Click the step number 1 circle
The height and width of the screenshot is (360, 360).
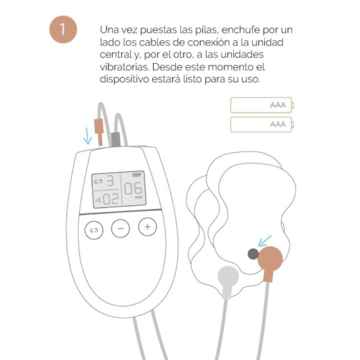click(62, 29)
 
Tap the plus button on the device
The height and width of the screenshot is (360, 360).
click(147, 227)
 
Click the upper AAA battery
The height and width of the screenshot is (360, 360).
click(261, 105)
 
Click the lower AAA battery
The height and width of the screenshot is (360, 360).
click(261, 124)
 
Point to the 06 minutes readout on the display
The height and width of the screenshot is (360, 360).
click(133, 190)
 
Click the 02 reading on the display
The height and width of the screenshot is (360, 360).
click(110, 199)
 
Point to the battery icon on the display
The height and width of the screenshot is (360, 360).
click(136, 175)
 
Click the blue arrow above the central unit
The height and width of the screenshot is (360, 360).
click(87, 135)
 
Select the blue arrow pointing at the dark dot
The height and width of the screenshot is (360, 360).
click(264, 240)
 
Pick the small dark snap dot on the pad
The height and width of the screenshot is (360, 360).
click(253, 254)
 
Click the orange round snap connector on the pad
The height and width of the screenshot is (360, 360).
click(271, 259)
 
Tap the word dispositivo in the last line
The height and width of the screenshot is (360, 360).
click(123, 79)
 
